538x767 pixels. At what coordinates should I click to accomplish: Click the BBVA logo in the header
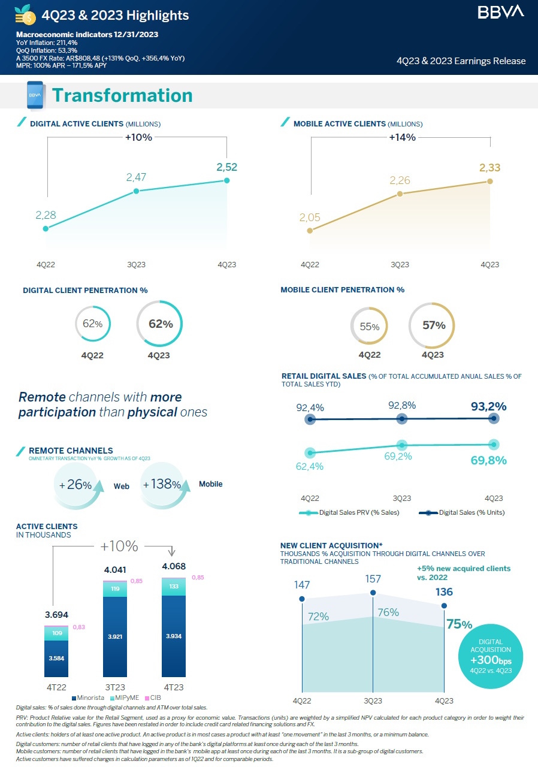coord(501,11)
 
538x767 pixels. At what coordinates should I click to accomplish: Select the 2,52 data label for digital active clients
coord(227,167)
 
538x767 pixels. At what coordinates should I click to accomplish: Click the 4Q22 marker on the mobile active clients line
coord(309,230)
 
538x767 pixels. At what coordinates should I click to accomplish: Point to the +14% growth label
coord(402,137)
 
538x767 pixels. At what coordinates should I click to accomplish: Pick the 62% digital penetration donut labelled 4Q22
coord(93,324)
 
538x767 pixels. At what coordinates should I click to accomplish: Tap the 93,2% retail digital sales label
coord(489,406)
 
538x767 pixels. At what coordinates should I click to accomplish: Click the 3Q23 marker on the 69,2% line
coord(402,445)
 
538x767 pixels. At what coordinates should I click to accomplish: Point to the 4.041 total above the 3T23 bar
coord(115,569)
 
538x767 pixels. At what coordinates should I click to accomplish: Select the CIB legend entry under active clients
coord(153,698)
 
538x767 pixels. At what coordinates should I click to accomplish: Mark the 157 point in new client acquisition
coord(373,592)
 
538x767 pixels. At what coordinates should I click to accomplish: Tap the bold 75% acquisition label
coord(459,624)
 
